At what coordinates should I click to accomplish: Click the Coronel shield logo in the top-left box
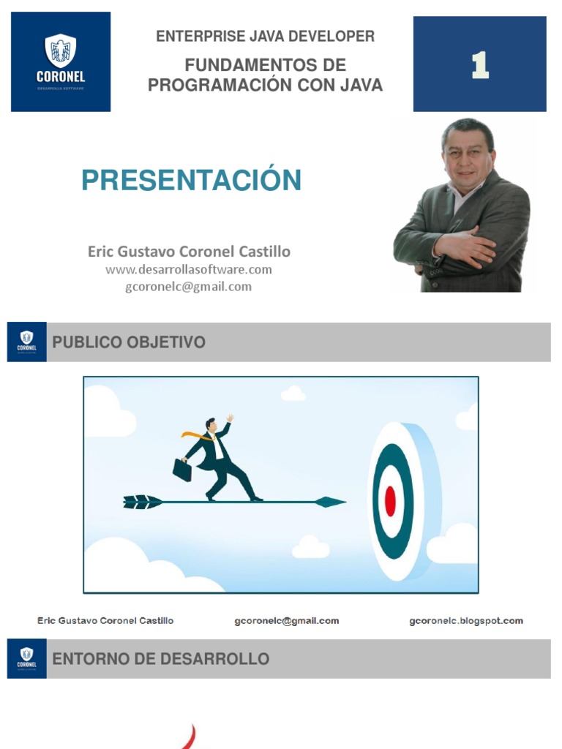pyautogui.click(x=61, y=51)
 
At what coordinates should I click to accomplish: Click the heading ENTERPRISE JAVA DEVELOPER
pyautogui.click(x=265, y=37)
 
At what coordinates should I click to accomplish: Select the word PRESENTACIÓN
pyautogui.click(x=191, y=180)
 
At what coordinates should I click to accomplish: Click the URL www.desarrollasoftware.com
pyautogui.click(x=189, y=270)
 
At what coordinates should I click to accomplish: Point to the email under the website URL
pyautogui.click(x=189, y=287)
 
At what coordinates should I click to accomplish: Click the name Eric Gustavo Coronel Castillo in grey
pyautogui.click(x=189, y=252)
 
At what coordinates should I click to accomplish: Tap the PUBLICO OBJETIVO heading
pyautogui.click(x=129, y=342)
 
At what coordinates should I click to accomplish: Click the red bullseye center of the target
pyautogui.click(x=390, y=501)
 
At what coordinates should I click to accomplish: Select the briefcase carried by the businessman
pyautogui.click(x=182, y=470)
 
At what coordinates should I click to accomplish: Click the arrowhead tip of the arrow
pyautogui.click(x=333, y=502)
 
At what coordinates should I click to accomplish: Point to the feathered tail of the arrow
pyautogui.click(x=142, y=502)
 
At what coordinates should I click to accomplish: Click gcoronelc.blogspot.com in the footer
pyautogui.click(x=465, y=621)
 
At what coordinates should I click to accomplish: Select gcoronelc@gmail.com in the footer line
pyautogui.click(x=286, y=621)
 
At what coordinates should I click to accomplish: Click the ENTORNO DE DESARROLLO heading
pyautogui.click(x=160, y=659)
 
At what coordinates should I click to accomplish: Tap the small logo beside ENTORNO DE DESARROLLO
pyautogui.click(x=27, y=658)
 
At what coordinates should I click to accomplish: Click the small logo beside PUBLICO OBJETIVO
pyautogui.click(x=27, y=342)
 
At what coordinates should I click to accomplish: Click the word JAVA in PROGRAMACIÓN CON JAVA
pyautogui.click(x=360, y=85)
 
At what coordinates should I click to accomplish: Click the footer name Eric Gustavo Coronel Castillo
pyautogui.click(x=105, y=621)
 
